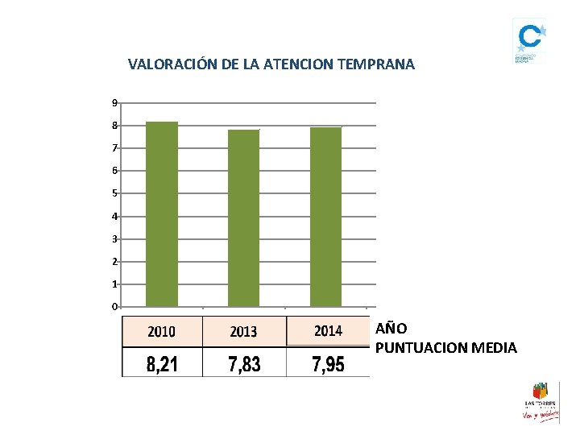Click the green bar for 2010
(x=162, y=214)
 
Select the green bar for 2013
(x=244, y=218)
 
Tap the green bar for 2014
(x=325, y=217)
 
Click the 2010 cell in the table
(x=162, y=331)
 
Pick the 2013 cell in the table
(x=244, y=331)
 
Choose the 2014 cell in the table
(x=328, y=331)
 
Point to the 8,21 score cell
(x=162, y=364)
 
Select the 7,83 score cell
(x=244, y=364)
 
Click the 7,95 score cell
(x=328, y=364)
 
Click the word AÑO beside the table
(x=391, y=329)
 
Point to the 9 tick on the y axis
(x=115, y=103)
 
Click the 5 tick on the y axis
(x=115, y=193)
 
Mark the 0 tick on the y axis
(x=115, y=307)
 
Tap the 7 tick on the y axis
(x=115, y=148)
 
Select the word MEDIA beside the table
(x=499, y=348)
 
